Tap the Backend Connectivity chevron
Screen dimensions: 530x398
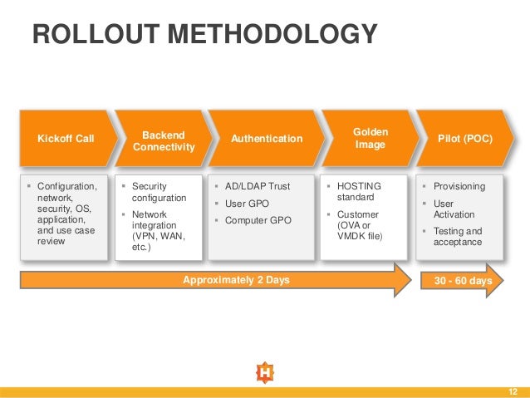click(x=163, y=140)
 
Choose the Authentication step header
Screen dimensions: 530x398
click(x=266, y=139)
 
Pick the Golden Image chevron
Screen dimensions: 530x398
click(x=370, y=139)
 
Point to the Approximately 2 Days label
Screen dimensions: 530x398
click(x=236, y=280)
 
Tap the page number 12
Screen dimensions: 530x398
click(x=512, y=391)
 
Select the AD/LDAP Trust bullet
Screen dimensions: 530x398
click(x=258, y=187)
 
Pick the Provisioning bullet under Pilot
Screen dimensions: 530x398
click(x=459, y=187)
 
